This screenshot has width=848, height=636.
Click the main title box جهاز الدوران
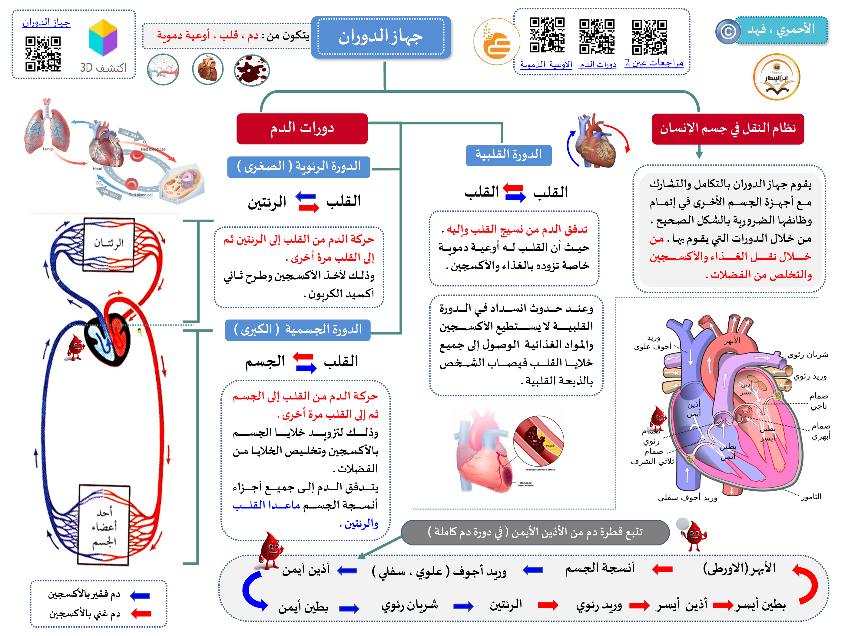(381, 37)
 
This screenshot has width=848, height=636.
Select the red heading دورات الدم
(302, 128)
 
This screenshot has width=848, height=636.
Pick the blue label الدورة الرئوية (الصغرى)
(299, 167)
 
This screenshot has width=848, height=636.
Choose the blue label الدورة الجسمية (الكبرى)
(298, 330)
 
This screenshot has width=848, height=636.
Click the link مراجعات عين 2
(654, 63)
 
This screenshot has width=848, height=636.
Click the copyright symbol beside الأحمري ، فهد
(727, 31)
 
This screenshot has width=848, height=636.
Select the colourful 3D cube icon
(103, 38)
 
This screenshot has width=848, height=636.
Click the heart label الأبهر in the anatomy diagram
(732, 340)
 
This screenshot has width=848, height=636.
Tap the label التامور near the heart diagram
(810, 497)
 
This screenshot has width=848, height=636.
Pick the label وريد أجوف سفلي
(687, 498)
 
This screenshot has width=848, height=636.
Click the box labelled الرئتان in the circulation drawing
(109, 244)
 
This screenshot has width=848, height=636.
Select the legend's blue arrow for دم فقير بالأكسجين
(140, 595)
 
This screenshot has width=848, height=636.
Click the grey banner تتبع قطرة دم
(535, 532)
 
